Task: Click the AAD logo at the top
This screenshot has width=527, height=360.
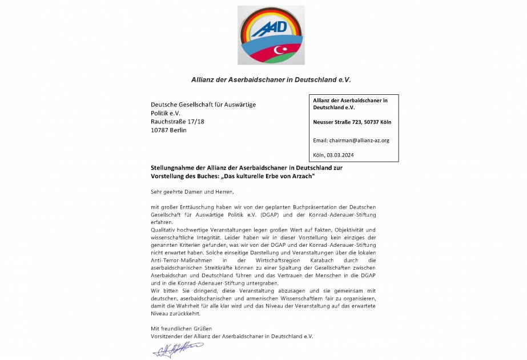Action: point(271,35)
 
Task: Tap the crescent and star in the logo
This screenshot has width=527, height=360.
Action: point(280,50)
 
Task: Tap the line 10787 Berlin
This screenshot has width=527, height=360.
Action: point(168,130)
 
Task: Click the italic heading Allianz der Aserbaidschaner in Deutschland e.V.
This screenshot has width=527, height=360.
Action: point(271,79)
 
